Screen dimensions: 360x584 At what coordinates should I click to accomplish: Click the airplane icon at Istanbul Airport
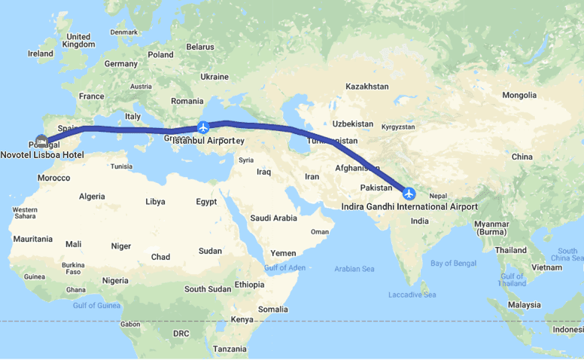click(x=202, y=127)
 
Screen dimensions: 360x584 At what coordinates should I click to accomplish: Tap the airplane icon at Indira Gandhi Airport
click(x=409, y=194)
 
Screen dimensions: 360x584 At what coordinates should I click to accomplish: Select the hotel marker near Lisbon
click(x=41, y=142)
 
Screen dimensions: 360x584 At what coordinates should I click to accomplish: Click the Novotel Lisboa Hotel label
click(x=42, y=154)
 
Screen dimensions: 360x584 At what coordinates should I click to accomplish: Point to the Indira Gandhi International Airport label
click(x=409, y=206)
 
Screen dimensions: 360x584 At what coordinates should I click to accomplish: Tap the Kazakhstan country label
click(x=367, y=87)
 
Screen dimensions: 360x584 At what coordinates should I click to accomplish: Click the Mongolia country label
click(x=519, y=95)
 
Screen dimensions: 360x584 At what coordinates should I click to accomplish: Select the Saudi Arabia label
click(x=273, y=218)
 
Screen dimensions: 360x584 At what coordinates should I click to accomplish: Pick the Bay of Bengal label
click(x=453, y=262)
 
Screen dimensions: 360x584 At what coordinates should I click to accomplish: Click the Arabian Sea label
click(x=354, y=268)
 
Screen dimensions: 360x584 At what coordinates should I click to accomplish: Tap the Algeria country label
click(x=92, y=196)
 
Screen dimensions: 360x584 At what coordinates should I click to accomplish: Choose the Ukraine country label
click(x=214, y=76)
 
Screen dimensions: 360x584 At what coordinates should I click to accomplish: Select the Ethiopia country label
click(x=249, y=284)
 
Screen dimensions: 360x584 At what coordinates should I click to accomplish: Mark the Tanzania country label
click(x=230, y=349)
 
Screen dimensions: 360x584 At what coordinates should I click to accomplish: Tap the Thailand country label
click(x=511, y=249)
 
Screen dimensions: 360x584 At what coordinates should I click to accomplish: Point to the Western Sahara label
click(x=25, y=212)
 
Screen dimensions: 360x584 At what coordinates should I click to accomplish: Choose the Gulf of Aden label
click(x=285, y=268)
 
